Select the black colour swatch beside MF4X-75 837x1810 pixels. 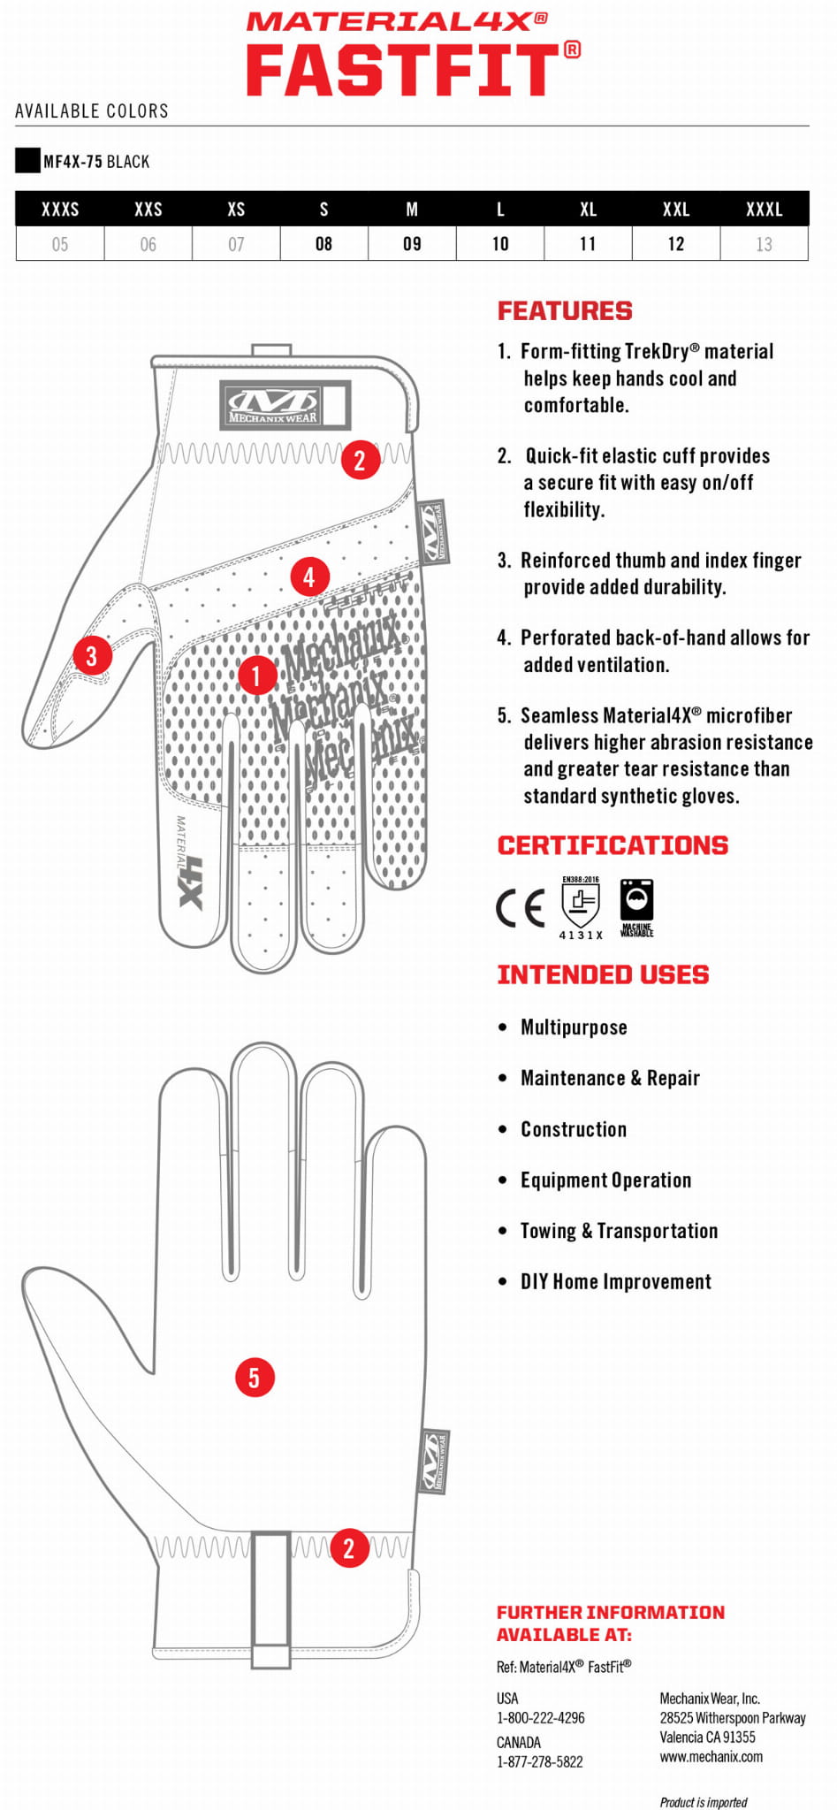[27, 160]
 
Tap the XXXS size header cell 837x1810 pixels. [60, 210]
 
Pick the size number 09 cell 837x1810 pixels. [412, 244]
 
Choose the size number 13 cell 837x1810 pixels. [764, 244]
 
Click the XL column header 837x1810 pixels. [588, 210]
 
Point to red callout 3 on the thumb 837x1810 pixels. [92, 655]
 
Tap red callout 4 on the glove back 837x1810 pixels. [309, 577]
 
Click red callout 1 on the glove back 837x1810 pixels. [257, 676]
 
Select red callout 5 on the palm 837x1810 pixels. [255, 1377]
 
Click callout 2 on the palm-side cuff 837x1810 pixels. [349, 1547]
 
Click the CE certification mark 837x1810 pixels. [521, 907]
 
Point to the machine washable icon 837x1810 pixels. [636, 906]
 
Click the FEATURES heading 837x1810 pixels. [565, 311]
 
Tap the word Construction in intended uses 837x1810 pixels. [574, 1129]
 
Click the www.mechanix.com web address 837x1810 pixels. [711, 1757]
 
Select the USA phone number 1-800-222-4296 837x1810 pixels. [540, 1718]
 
